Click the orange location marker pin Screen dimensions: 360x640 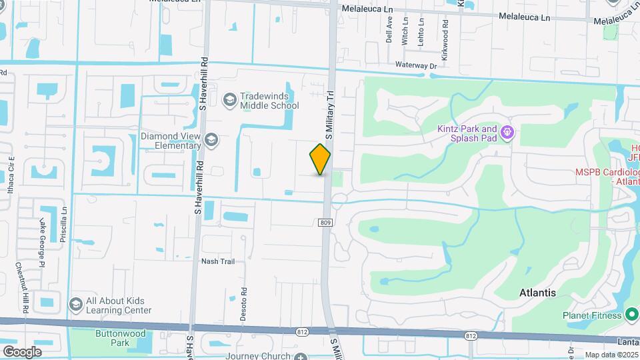pos(320,159)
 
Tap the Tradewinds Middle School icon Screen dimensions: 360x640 pos(230,100)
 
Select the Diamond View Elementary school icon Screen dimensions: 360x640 pos(211,139)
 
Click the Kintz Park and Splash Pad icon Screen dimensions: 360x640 pos(507,133)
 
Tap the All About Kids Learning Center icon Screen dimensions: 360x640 pos(75,304)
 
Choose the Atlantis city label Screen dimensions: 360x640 pos(537,293)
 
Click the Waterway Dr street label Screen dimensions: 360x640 pos(415,66)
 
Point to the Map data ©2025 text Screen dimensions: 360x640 pos(611,355)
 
